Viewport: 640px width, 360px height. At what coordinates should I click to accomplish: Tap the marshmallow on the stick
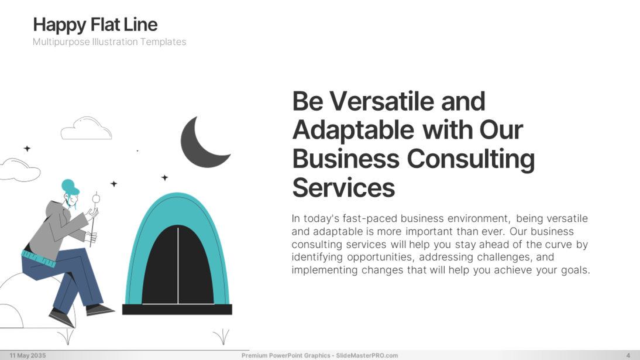pos(97,199)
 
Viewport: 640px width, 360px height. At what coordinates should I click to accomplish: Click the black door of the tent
pos(178,266)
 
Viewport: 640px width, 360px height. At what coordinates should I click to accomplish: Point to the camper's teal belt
pos(38,259)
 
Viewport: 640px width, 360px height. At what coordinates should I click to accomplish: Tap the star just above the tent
pos(164,178)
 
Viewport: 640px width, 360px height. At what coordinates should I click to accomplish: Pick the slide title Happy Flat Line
pos(95,25)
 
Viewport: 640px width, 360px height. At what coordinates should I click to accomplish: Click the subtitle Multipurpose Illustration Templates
pos(109,42)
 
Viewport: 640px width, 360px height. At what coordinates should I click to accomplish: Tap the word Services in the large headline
pos(343,187)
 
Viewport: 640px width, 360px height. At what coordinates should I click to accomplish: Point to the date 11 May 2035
pos(27,355)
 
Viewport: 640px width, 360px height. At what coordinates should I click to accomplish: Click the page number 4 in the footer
pos(628,355)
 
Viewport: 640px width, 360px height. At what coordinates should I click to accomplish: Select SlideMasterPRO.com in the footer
pos(367,355)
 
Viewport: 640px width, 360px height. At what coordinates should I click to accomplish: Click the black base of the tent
pos(177,309)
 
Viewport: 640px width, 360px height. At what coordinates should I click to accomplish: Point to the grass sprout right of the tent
pos(222,337)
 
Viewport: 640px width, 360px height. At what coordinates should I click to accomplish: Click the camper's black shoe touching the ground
pos(62,318)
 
